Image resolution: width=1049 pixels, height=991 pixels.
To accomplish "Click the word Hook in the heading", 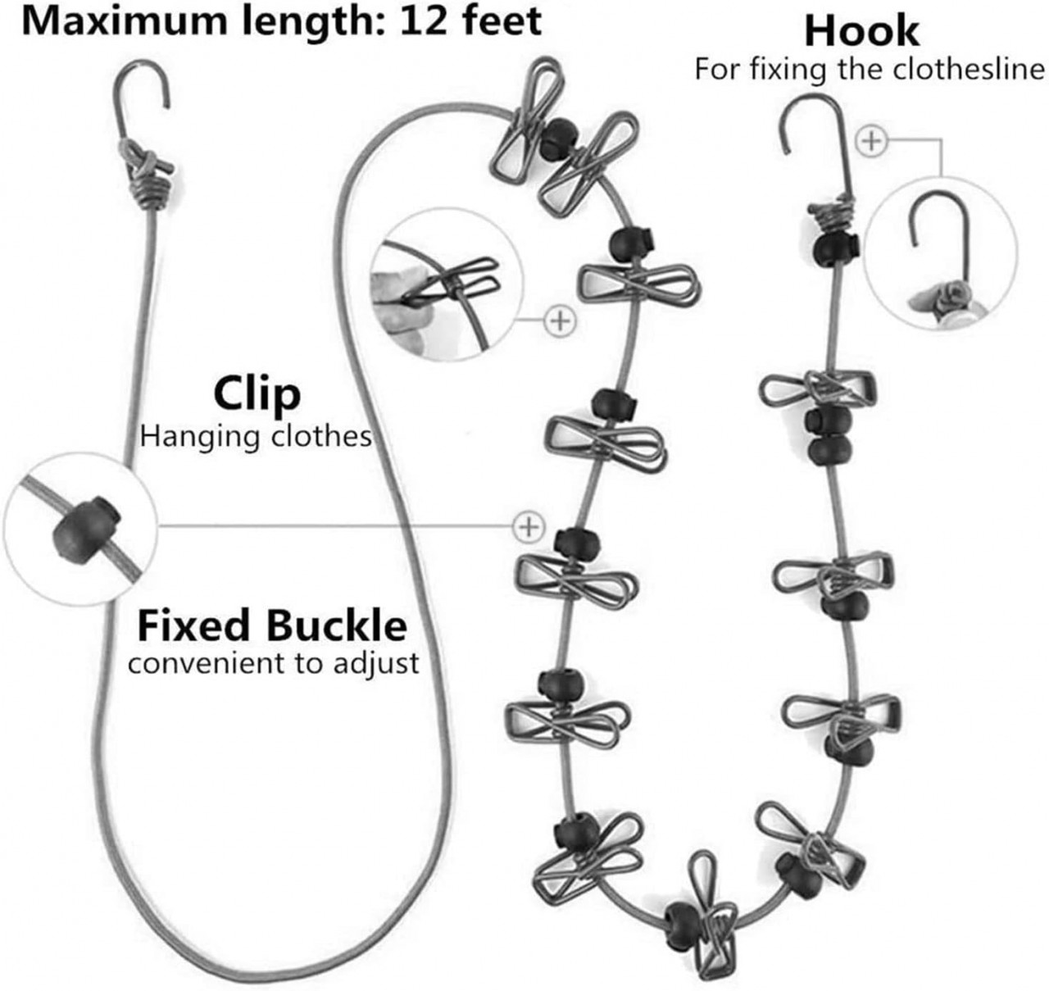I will pyautogui.click(x=861, y=31).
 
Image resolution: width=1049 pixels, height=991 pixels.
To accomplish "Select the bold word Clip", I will pyautogui.click(x=257, y=394).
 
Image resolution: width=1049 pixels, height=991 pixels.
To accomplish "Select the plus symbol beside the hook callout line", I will pyautogui.click(x=871, y=141).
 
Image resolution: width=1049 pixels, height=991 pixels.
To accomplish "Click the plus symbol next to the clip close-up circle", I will pyautogui.click(x=560, y=320).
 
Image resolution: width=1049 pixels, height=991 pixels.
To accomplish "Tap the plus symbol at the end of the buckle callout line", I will pyautogui.click(x=529, y=525).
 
